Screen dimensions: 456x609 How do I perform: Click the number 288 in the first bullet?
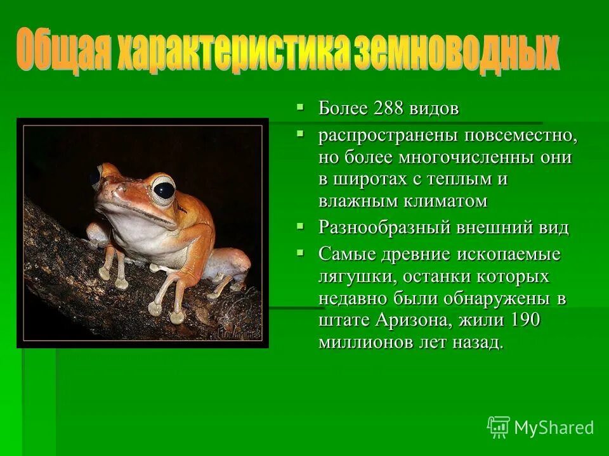tap(389, 108)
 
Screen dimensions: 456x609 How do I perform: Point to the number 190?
tap(524, 320)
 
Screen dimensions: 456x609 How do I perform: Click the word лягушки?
tap(351, 277)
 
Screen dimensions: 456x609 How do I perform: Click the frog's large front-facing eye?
tap(164, 189)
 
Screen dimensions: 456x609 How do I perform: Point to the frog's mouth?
tap(136, 212)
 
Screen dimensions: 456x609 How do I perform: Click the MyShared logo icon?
tap(499, 427)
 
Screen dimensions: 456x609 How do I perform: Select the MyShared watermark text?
tap(554, 428)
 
